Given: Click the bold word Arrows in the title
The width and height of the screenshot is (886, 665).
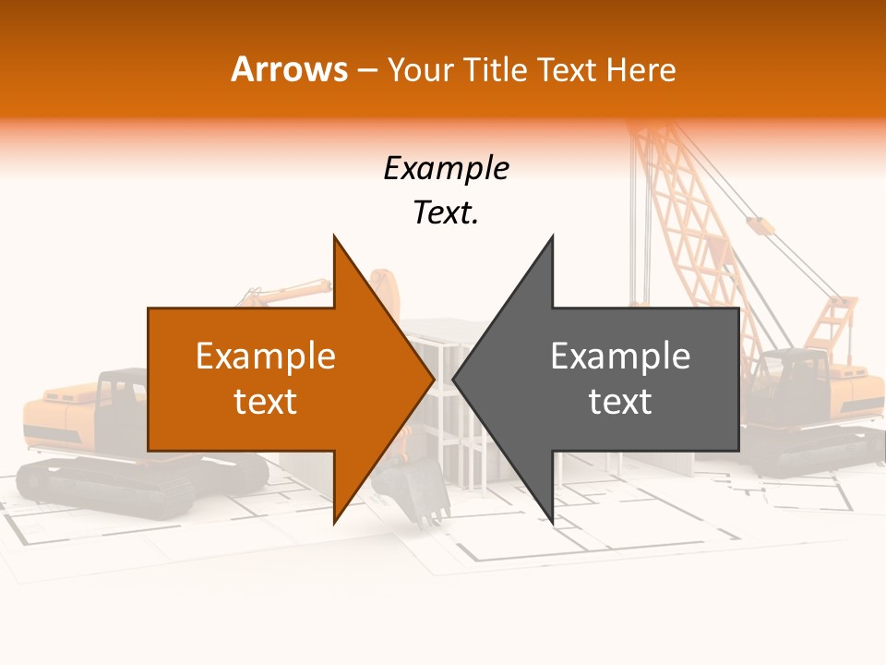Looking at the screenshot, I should [289, 69].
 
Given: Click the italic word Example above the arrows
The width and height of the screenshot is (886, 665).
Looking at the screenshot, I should [446, 169].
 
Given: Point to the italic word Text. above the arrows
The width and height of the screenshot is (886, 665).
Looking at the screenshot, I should [446, 213].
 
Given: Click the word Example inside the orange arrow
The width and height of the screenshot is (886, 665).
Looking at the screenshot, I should [266, 357].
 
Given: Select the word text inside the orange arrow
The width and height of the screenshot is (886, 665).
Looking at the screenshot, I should [266, 402].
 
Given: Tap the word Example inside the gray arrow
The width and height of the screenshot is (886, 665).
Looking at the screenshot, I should [620, 357].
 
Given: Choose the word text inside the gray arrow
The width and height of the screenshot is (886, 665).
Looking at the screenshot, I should [620, 402].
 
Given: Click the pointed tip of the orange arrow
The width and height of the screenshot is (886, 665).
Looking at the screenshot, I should [432, 380].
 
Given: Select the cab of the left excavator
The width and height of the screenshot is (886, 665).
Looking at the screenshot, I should [121, 397].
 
